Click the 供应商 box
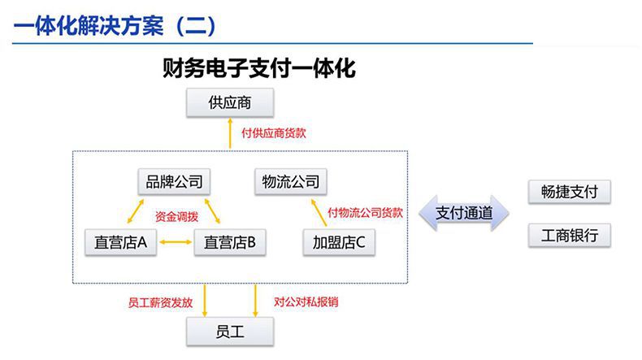coord(230,102)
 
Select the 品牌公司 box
coord(174,181)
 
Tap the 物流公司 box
coord(291,181)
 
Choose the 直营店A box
coord(120,242)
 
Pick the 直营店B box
coord(230,242)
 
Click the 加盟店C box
coord(339,242)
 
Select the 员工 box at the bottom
coord(230,332)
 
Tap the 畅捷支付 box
coord(569,192)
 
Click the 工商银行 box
coord(569,236)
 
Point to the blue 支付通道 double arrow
coord(464,213)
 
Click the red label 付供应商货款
coord(274,133)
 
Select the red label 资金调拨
coord(177,216)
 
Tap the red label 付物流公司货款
coord(365,213)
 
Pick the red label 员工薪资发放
coord(161,302)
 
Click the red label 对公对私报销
coord(306,301)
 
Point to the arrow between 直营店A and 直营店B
coord(176,242)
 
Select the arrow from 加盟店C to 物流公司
coord(319,213)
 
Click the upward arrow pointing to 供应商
coord(230,133)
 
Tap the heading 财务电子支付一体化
coord(258,68)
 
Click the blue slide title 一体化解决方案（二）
coord(115,25)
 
